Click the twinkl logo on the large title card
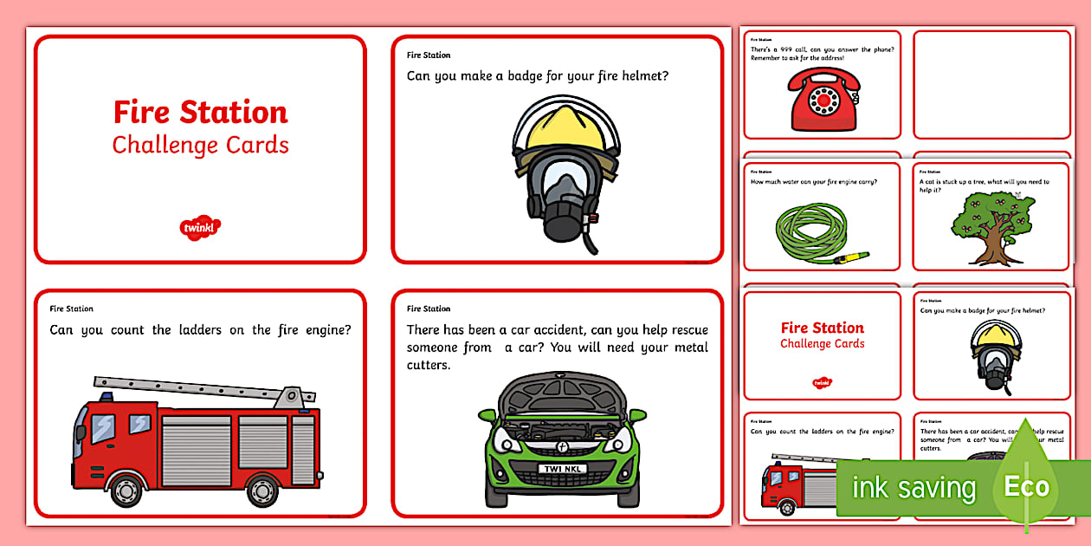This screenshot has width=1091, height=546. pyautogui.click(x=200, y=228)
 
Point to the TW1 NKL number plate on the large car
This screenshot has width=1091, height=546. pyautogui.click(x=562, y=469)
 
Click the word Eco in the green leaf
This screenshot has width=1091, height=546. pyautogui.click(x=1026, y=486)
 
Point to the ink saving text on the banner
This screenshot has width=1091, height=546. pyautogui.click(x=913, y=488)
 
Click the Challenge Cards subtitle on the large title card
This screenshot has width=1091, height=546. pyautogui.click(x=200, y=145)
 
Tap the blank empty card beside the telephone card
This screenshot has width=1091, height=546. pyautogui.click(x=991, y=84)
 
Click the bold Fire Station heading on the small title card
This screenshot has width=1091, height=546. pyautogui.click(x=822, y=328)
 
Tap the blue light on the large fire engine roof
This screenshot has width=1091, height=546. pyautogui.click(x=106, y=397)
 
